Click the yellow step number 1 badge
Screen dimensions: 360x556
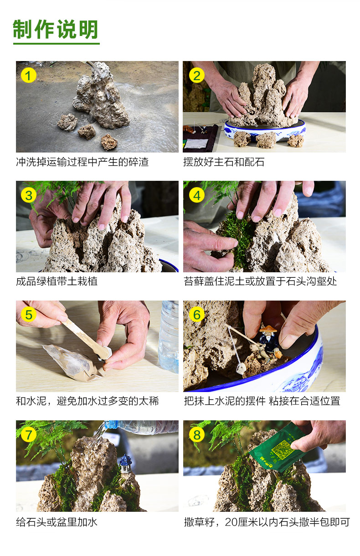click(x=29, y=75)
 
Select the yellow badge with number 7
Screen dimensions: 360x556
click(x=29, y=434)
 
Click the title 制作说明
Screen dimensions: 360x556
click(x=56, y=30)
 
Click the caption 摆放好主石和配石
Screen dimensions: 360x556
click(x=224, y=162)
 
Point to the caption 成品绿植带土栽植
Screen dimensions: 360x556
click(x=57, y=281)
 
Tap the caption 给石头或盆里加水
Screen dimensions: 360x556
click(x=57, y=522)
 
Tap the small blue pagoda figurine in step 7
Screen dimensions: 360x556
click(x=125, y=464)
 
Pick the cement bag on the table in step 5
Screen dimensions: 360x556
click(x=72, y=362)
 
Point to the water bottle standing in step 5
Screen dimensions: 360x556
click(x=170, y=337)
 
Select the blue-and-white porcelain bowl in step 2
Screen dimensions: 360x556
click(x=265, y=131)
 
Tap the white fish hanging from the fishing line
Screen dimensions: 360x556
click(x=240, y=368)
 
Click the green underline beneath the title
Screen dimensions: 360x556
click(x=57, y=43)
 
